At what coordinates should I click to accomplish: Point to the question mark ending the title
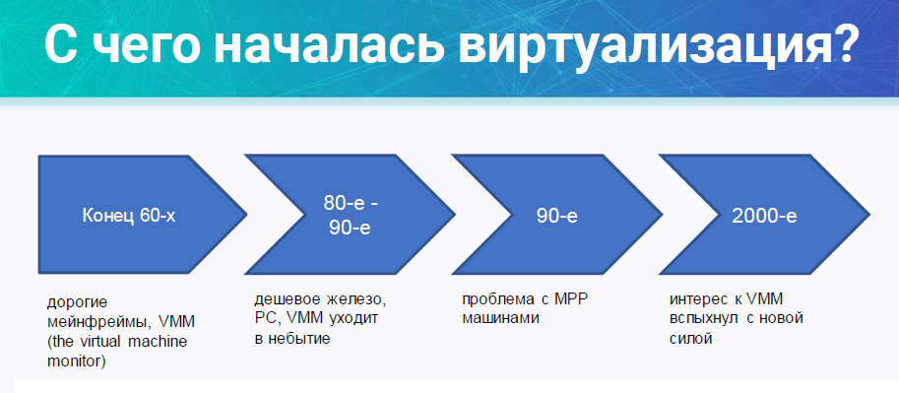pyautogui.click(x=837, y=44)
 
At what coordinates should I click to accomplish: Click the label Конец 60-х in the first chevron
pyautogui.click(x=129, y=216)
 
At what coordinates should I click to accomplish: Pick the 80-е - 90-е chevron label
pyautogui.click(x=350, y=216)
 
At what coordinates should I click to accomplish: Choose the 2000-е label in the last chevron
pyautogui.click(x=764, y=216)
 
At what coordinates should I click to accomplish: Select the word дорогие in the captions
pyautogui.click(x=78, y=301)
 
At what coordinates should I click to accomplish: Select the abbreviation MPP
pyautogui.click(x=572, y=298)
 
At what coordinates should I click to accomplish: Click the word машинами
pyautogui.click(x=500, y=318)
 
